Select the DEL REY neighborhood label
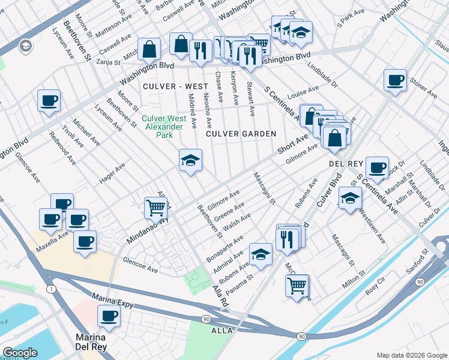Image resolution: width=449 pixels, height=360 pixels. point(343,164)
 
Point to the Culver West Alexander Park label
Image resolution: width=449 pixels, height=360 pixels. point(162,127)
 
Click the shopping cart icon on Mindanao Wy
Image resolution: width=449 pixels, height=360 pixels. point(156,208)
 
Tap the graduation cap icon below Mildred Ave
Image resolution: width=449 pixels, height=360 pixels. point(190,160)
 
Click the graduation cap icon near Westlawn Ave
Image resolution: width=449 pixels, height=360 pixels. point(350,198)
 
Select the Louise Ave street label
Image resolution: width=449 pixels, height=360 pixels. point(303,93)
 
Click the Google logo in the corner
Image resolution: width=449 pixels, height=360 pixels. point(20,353)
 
